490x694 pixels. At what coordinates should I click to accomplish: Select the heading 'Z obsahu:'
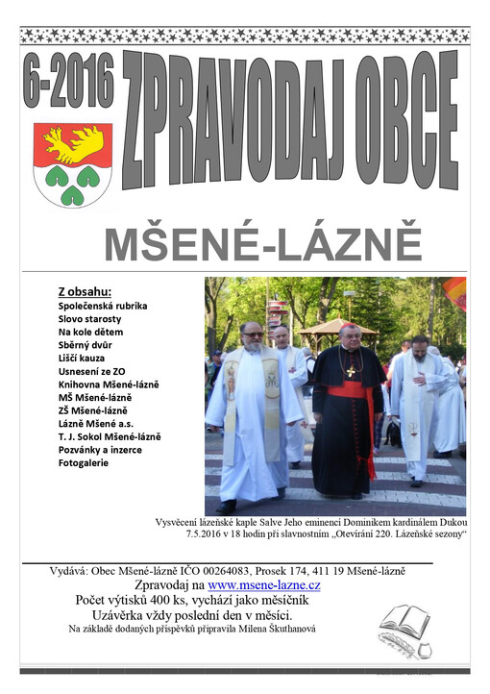[x=86, y=291]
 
